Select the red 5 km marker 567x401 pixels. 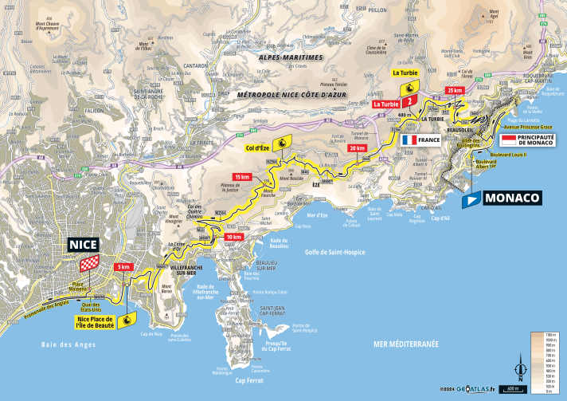point(123,266)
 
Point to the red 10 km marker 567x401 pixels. point(233,237)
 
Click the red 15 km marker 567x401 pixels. point(241,176)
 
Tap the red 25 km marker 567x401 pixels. point(455,91)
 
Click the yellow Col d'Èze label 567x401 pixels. point(260,147)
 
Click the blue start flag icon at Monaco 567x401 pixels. point(470,200)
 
